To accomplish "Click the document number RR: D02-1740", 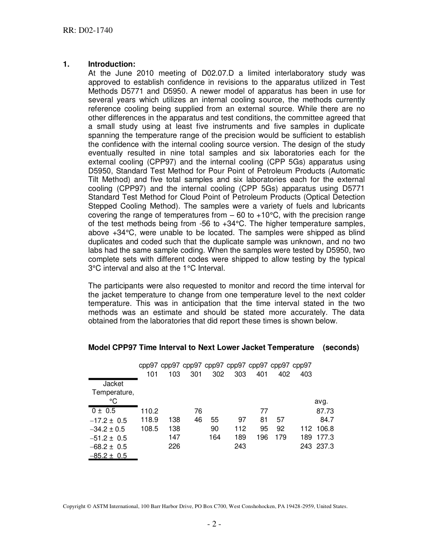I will tap(87, 31).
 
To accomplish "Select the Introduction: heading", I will tap(111, 64).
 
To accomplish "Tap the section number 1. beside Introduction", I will tap(66, 64).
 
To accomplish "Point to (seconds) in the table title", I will tap(341, 347).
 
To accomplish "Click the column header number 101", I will tap(152, 374).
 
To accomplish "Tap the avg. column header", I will tap(321, 401).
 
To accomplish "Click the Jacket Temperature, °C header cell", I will tap(113, 392).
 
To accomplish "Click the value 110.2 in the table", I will tap(150, 411).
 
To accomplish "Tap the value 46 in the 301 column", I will tap(198, 420).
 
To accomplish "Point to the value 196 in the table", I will tap(262, 437).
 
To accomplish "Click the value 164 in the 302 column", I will tap(215, 437).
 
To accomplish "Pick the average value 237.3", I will tap(325, 446).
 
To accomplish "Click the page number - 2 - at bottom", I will tap(214, 524).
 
